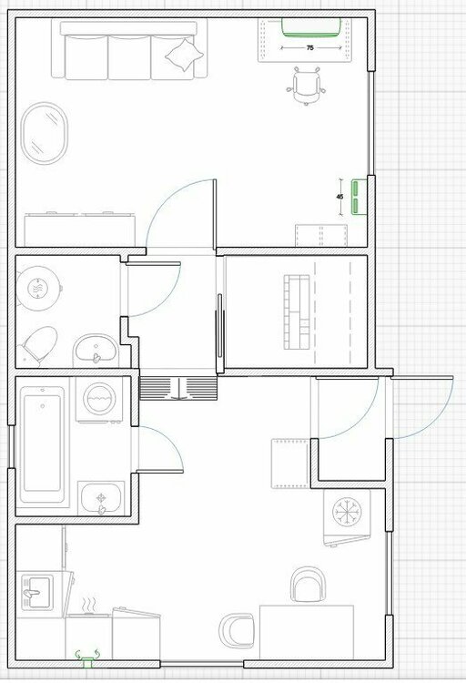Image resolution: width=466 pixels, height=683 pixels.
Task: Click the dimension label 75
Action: tap(309, 48)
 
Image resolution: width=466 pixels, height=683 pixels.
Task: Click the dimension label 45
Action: tap(339, 197)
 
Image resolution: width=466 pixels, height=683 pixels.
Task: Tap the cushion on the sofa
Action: tap(185, 55)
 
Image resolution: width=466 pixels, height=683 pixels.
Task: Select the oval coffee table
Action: tap(45, 133)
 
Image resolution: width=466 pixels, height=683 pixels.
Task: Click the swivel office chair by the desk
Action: tap(306, 86)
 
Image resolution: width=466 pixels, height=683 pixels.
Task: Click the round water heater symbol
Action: tap(38, 288)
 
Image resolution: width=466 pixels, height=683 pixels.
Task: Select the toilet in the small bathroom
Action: tap(38, 345)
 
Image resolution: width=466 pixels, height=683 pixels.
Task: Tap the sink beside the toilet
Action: tap(96, 351)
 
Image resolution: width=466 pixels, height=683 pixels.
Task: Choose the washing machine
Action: tap(100, 400)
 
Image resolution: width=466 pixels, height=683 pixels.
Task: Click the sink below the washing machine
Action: tap(101, 498)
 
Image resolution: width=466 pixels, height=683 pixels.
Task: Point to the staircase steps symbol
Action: tap(178, 389)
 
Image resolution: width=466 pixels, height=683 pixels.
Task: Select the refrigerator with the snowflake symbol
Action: tap(347, 517)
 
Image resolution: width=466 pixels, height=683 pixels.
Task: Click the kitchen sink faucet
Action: tap(31, 593)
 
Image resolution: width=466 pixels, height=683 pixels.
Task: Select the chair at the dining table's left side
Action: tap(237, 630)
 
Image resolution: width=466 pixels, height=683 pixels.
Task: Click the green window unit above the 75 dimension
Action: tap(310, 27)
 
